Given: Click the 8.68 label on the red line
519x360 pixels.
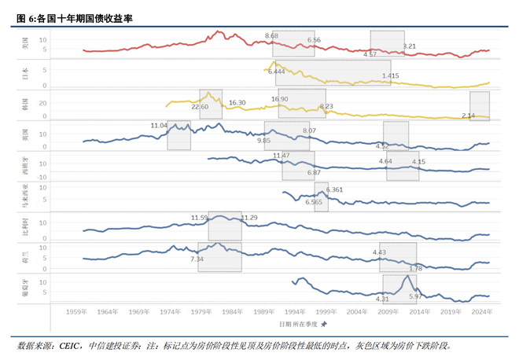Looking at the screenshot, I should click(x=272, y=36).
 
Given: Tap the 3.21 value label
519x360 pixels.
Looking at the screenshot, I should click(x=409, y=46).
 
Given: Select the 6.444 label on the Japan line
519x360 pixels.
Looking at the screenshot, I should click(x=276, y=72).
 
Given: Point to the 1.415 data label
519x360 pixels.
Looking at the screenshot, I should click(x=391, y=75).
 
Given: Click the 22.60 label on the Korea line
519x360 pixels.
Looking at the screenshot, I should click(x=200, y=106).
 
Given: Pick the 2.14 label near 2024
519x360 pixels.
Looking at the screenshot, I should click(x=469, y=116).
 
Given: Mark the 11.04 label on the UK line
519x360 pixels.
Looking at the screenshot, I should click(x=160, y=125).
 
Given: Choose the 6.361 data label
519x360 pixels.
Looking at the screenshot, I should click(x=334, y=189).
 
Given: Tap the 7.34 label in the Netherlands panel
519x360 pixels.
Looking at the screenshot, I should click(x=197, y=259).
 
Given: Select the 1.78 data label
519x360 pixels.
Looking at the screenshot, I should click(x=416, y=268).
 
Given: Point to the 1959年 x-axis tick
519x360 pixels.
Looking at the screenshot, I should click(x=77, y=312).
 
